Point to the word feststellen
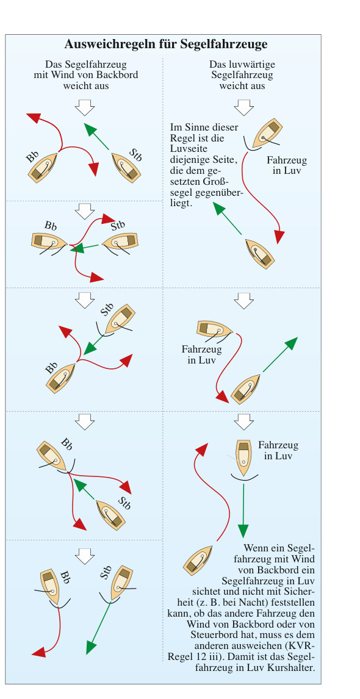pyautogui.click(x=293, y=602)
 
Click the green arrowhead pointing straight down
pyautogui.click(x=243, y=531)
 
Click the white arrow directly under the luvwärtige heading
pyautogui.click(x=244, y=107)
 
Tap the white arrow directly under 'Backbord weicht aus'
pyautogui.click(x=85, y=107)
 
